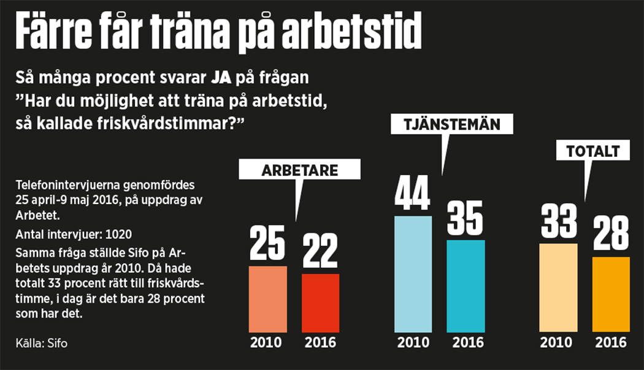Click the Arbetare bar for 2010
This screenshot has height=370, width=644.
tap(267, 299)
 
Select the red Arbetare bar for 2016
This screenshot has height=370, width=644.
tap(320, 303)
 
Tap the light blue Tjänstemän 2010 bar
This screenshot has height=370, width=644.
tap(413, 274)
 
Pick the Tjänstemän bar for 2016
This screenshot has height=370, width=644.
tap(466, 286)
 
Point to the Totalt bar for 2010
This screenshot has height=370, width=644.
tap(558, 288)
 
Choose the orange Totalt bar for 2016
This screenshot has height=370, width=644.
tap(611, 295)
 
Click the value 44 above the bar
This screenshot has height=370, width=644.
tap(413, 192)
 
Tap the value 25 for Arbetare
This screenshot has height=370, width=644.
tap(267, 243)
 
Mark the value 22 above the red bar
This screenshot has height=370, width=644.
tap(320, 251)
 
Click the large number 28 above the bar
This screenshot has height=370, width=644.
tap(611, 233)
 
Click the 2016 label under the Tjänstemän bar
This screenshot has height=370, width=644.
tap(466, 342)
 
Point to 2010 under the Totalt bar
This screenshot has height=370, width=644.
tap(558, 342)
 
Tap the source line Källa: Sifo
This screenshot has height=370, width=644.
tap(42, 343)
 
